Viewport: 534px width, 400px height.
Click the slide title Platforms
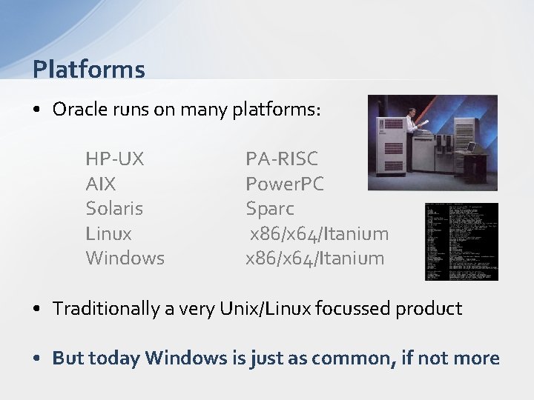point(89,70)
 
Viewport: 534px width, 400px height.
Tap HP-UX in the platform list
point(115,159)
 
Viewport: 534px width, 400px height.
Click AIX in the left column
point(101,184)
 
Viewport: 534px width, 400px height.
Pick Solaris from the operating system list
point(114,208)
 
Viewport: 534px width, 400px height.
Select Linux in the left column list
point(108,233)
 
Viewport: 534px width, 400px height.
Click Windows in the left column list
point(125,259)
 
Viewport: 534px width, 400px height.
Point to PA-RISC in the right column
point(282,159)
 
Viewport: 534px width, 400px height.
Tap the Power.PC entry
point(285,184)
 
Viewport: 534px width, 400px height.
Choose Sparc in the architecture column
point(270,208)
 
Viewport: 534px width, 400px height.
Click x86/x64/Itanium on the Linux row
point(319,233)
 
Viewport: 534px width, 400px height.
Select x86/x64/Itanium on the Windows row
point(315,259)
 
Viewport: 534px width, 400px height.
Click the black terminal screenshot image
point(461,241)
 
